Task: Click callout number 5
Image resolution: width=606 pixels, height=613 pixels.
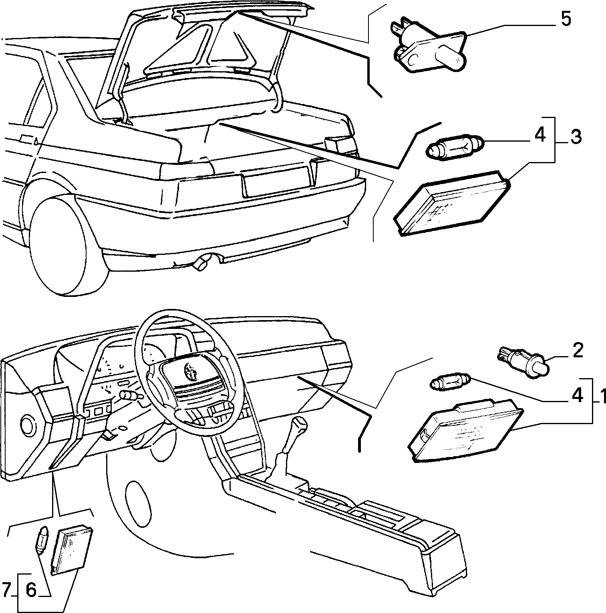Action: click(565, 20)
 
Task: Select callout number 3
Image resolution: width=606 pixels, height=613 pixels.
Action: click(575, 137)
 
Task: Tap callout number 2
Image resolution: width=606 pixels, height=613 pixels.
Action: click(578, 351)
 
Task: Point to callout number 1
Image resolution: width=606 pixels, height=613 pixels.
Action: click(600, 396)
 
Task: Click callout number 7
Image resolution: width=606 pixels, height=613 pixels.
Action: click(6, 590)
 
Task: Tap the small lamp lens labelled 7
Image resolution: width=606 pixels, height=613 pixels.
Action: click(72, 549)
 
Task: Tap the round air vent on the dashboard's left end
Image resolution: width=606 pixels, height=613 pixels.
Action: click(28, 426)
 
